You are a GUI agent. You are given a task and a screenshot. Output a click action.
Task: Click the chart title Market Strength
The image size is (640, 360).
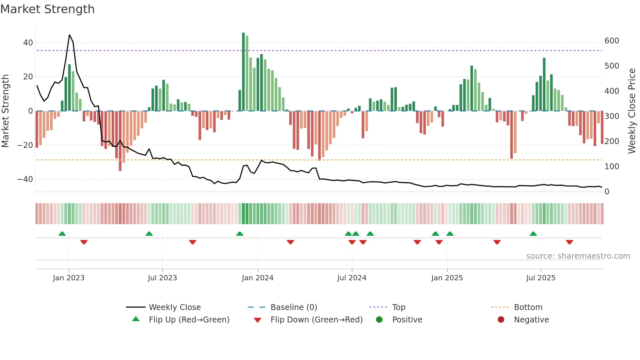(48, 9)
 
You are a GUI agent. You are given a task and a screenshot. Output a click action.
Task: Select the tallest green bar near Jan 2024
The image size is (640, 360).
(243, 72)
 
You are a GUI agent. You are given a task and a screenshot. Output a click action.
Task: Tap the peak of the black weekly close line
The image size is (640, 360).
(70, 35)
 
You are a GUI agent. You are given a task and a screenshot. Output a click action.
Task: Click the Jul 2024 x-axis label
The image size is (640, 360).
(352, 278)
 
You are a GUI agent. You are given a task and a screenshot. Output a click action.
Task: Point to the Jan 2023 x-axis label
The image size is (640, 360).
(69, 278)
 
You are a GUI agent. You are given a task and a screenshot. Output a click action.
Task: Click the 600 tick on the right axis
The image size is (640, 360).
(612, 41)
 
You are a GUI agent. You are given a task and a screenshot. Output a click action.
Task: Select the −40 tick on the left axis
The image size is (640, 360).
(25, 179)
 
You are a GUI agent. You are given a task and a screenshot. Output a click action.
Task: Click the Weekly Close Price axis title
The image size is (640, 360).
(632, 111)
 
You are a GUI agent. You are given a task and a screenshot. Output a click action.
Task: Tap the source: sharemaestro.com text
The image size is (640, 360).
(578, 256)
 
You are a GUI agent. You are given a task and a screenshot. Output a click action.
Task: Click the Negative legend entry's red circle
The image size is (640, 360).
(501, 320)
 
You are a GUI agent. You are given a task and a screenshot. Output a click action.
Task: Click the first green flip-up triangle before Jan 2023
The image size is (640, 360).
(62, 234)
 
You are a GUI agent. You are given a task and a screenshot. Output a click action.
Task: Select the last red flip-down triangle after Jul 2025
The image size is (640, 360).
(569, 242)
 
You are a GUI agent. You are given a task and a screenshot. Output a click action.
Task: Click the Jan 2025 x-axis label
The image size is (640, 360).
(447, 278)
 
